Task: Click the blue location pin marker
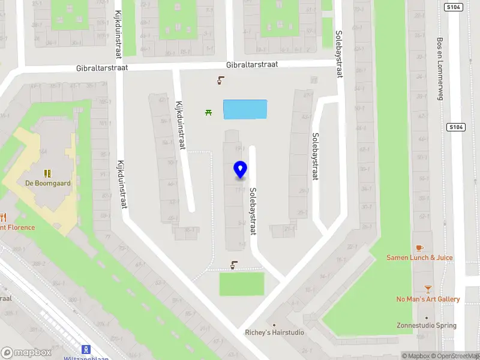(x=240, y=170)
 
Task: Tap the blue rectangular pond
(x=245, y=109)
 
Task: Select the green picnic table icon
(x=208, y=112)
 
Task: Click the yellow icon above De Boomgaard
(x=47, y=173)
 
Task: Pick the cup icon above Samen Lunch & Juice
(x=419, y=247)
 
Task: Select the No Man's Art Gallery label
(x=428, y=299)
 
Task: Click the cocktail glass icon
(x=428, y=289)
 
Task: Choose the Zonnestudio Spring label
(x=426, y=326)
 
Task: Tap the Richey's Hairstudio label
(x=274, y=332)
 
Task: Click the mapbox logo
(x=26, y=353)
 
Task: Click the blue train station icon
(x=86, y=349)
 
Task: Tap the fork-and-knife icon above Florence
(x=3, y=217)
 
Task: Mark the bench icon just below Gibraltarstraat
(x=221, y=80)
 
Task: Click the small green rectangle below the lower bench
(x=241, y=284)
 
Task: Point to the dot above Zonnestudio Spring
(x=427, y=318)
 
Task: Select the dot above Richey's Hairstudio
(x=275, y=324)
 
